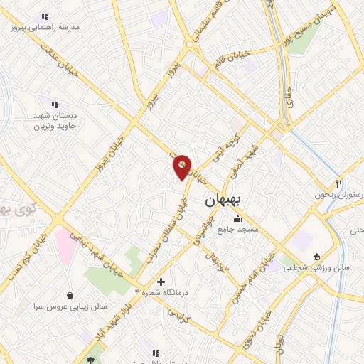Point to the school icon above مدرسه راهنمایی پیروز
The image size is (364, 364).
(x=45, y=16)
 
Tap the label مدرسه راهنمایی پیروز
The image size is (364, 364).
(x=45, y=28)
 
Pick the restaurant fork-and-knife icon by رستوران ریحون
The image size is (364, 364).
(x=340, y=183)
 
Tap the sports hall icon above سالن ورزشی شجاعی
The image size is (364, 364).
(x=316, y=257)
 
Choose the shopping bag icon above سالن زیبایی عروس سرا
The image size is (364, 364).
(x=70, y=294)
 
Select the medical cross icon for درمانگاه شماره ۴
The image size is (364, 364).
(x=161, y=282)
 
